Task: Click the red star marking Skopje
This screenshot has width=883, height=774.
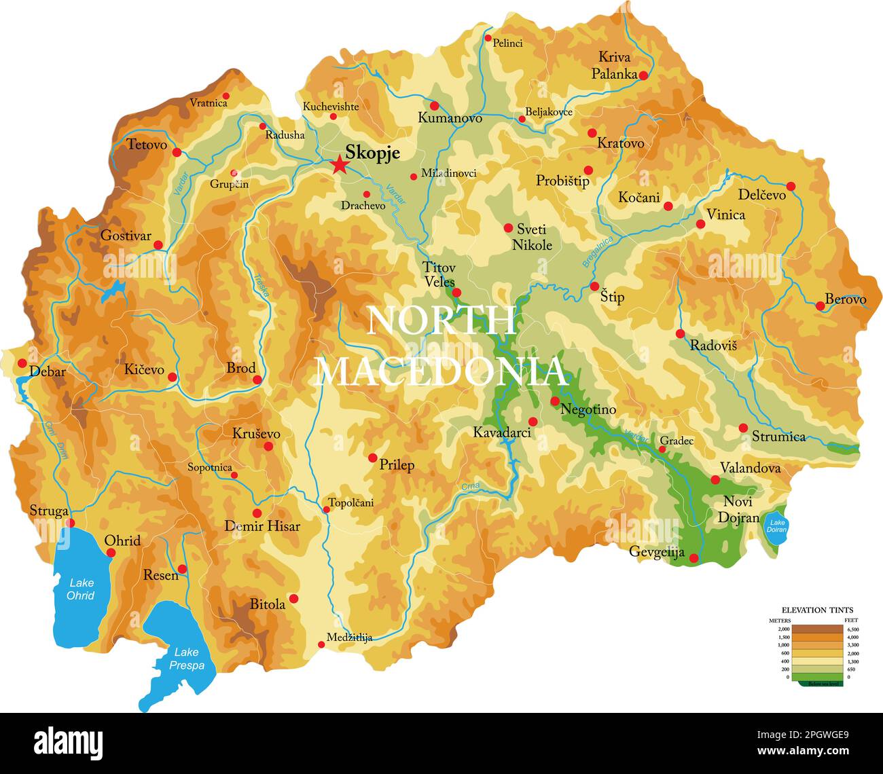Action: [x=338, y=165]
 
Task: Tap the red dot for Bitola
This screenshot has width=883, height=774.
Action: [x=293, y=598]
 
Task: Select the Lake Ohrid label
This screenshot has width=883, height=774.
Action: [x=81, y=589]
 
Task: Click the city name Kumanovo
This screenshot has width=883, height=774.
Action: [x=450, y=118]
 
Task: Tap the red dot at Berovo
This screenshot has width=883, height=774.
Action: [x=820, y=306]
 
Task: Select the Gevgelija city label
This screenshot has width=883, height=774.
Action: [x=656, y=552]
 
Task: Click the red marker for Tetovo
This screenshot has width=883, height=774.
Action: [x=177, y=152]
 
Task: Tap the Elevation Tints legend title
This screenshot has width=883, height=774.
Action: [x=817, y=610]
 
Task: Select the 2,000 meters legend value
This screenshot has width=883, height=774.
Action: [x=783, y=629]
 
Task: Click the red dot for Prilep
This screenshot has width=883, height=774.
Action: [x=372, y=458]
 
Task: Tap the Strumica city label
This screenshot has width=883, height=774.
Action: [x=778, y=437]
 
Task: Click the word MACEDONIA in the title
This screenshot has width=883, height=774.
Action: [x=442, y=371]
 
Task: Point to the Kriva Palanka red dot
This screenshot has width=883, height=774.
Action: [x=643, y=75]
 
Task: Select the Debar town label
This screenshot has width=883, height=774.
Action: [x=48, y=371]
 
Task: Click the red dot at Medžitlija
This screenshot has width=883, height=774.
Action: [x=321, y=644]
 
